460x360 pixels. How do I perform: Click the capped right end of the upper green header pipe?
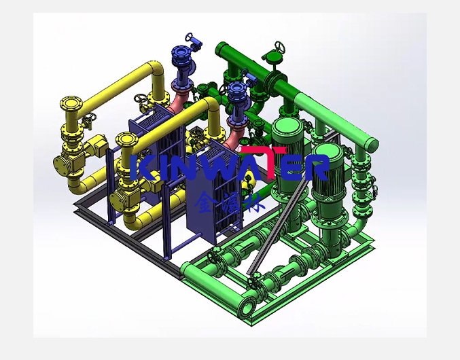372,144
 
